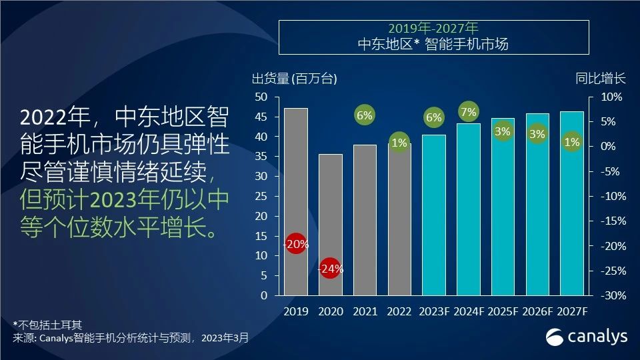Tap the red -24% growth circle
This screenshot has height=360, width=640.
click(331, 269)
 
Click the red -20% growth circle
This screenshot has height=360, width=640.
click(295, 244)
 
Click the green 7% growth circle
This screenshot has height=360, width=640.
click(469, 111)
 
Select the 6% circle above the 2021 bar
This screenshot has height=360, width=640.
click(365, 115)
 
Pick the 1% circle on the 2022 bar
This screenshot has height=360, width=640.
click(399, 143)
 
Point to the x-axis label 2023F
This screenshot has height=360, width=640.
click(434, 311)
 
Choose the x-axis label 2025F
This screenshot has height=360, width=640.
click(503, 311)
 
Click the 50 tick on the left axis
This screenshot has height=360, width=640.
click(261, 97)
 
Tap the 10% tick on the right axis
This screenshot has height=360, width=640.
click(611, 97)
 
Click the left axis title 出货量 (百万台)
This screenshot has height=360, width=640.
click(294, 79)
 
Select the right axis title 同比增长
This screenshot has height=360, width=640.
click(601, 78)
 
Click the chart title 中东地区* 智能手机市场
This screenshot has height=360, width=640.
click(433, 45)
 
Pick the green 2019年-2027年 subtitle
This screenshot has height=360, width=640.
click(433, 29)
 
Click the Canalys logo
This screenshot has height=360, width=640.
click(587, 337)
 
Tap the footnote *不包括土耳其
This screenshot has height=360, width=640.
click(47, 325)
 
